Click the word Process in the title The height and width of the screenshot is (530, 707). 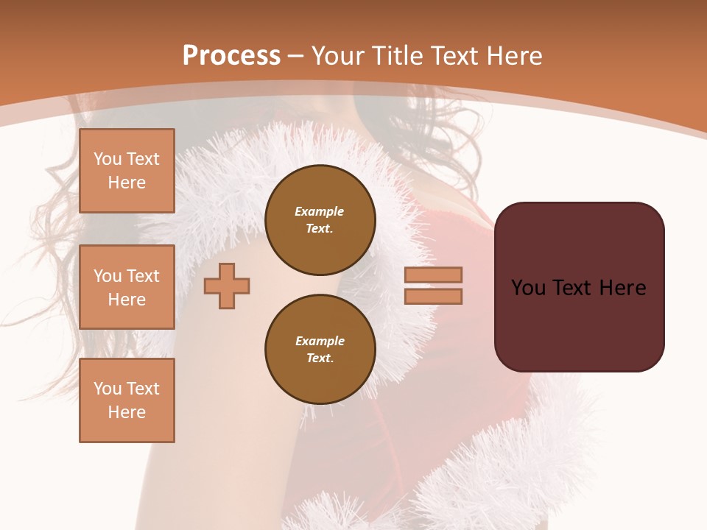pos(231,56)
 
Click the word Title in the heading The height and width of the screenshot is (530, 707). pos(398,56)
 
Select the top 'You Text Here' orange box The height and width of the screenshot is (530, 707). pos(127,171)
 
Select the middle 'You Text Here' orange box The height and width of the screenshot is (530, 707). pos(127,287)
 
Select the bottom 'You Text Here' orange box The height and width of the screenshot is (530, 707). pos(127,400)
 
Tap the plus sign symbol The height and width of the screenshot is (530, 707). pos(227,286)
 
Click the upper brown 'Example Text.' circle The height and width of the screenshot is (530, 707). pos(320,220)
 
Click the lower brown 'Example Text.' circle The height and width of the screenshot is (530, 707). pos(320,350)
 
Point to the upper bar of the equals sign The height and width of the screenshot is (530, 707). pos(433,275)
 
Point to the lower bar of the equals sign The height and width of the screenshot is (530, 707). pos(433,297)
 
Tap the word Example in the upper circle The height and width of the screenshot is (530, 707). pos(319,211)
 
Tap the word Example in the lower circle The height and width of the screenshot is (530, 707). pos(320,341)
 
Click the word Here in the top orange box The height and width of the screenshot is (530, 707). pos(127,183)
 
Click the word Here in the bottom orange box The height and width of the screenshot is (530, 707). pos(127,412)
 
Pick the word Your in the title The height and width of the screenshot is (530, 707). pos(335,56)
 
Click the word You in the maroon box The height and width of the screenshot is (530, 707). pos(528,288)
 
